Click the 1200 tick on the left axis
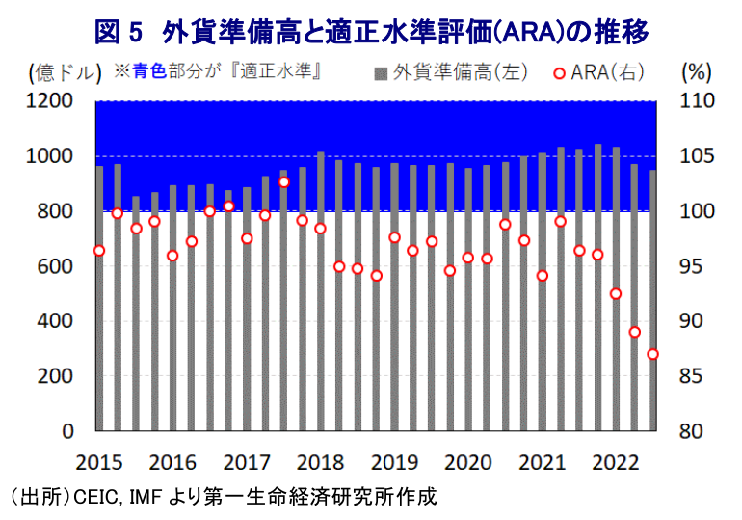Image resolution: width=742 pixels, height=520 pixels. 51,101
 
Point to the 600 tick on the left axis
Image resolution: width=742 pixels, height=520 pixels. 57,266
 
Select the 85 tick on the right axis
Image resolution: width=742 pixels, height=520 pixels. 694,376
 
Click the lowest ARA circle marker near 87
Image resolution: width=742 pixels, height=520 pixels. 653,354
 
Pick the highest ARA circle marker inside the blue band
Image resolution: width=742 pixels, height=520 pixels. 284,181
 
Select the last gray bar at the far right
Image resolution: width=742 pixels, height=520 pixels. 653,300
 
